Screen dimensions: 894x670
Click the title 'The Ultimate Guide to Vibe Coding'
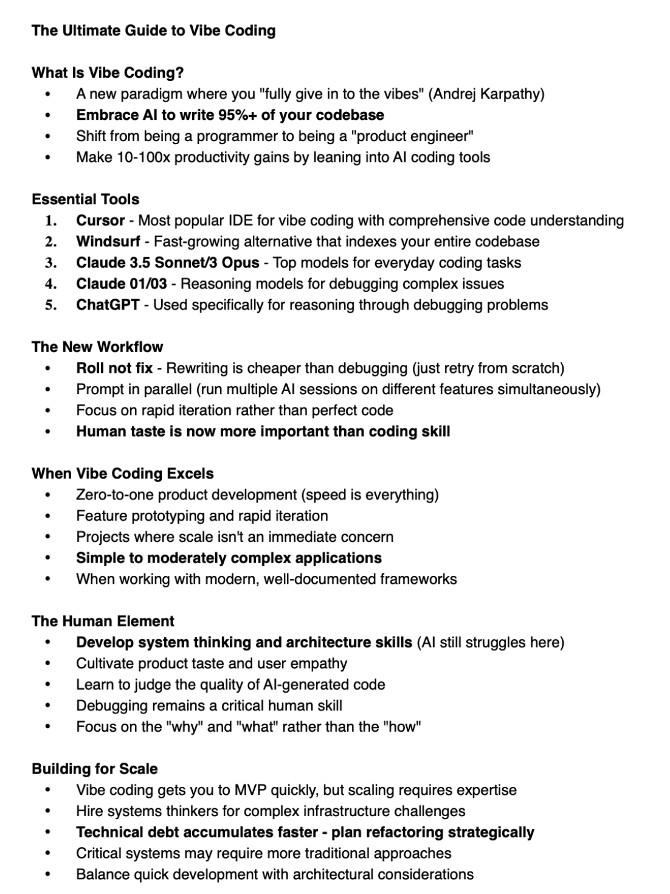pyautogui.click(x=153, y=30)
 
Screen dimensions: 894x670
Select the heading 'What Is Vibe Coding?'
pyautogui.click(x=108, y=73)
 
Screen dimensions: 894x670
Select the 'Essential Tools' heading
pyautogui.click(x=85, y=199)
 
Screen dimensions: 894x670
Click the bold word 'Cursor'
pyautogui.click(x=100, y=220)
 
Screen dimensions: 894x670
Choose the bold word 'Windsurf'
pyautogui.click(x=108, y=241)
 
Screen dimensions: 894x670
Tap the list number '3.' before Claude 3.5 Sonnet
pyautogui.click(x=51, y=263)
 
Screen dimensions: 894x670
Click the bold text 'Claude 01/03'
pyautogui.click(x=122, y=283)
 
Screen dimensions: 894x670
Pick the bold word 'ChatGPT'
pyautogui.click(x=108, y=305)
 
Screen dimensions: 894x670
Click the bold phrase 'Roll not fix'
pyautogui.click(x=114, y=368)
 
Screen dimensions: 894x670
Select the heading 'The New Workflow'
pyautogui.click(x=97, y=347)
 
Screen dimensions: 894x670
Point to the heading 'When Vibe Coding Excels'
pyautogui.click(x=123, y=474)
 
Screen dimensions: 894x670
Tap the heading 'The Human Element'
pyautogui.click(x=103, y=622)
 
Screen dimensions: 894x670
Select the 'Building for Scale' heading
pyautogui.click(x=94, y=769)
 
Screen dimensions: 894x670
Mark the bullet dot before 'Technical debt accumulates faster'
pyautogui.click(x=48, y=833)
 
